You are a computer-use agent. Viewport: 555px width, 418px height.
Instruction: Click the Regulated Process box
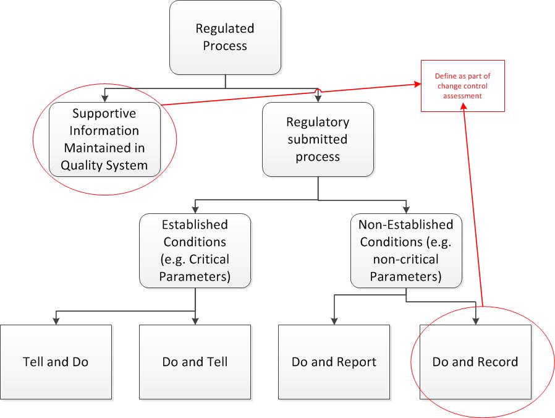(x=225, y=37)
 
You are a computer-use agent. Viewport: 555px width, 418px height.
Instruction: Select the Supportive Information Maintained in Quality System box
(x=105, y=139)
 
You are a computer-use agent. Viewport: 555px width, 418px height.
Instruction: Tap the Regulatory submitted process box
(x=318, y=139)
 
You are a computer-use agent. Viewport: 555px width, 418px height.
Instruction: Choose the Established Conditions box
(x=195, y=250)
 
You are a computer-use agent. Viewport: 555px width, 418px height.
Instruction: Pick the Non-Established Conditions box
(x=405, y=250)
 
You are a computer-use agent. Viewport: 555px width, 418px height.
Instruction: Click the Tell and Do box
(x=56, y=361)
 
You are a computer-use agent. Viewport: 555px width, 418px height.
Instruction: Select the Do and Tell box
(x=195, y=361)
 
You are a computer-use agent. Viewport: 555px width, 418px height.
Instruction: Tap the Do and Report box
(x=334, y=361)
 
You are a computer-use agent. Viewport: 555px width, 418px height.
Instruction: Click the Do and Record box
(x=475, y=361)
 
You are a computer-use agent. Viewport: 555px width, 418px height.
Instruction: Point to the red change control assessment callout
(x=463, y=86)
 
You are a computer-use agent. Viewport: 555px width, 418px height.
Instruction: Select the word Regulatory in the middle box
(x=318, y=122)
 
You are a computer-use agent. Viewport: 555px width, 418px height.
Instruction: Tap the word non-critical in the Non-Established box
(x=405, y=259)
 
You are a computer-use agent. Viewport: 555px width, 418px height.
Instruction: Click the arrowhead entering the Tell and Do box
(x=56, y=320)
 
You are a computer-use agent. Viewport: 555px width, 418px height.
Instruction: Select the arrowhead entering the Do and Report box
(x=334, y=320)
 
